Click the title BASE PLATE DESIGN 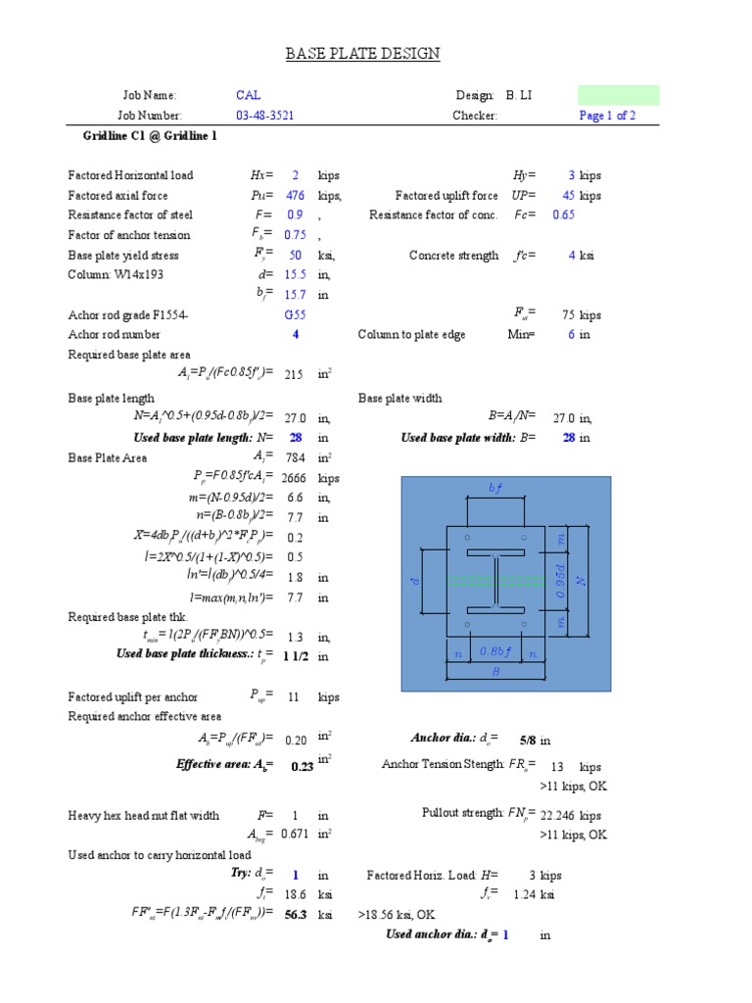tap(362, 53)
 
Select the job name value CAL tap(248, 95)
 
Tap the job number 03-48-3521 tap(265, 116)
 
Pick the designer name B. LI tap(519, 95)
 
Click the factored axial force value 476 tap(295, 196)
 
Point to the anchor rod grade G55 tap(295, 315)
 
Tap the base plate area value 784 tap(294, 457)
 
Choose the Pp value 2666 tap(295, 478)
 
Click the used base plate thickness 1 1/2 tap(295, 656)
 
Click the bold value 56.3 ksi tap(295, 914)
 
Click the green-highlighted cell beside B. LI tap(618, 95)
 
